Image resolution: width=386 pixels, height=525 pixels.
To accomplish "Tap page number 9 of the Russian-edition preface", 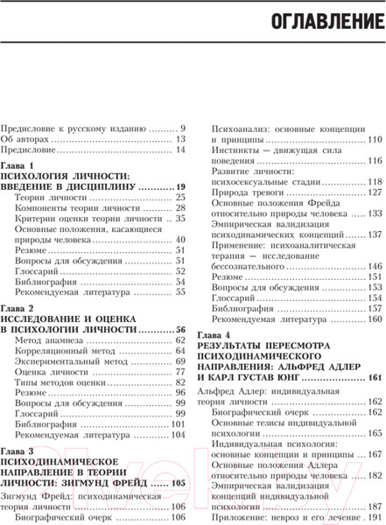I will click(x=183, y=128).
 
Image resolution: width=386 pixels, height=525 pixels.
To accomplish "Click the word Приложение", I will click(x=243, y=508).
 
